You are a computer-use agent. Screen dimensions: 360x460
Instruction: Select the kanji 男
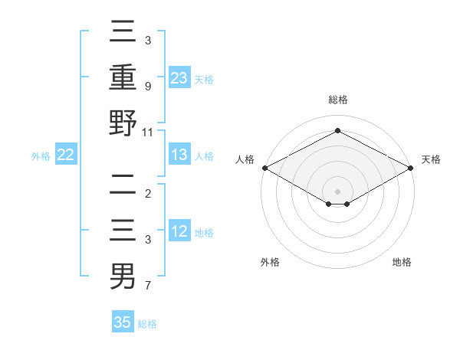[x=123, y=276]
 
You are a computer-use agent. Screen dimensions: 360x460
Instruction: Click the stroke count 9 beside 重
[x=147, y=87]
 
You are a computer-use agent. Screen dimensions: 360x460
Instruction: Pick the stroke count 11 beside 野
[x=148, y=132]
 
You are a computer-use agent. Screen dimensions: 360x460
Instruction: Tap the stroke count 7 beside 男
[x=147, y=286]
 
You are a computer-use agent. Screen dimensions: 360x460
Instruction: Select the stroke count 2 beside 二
[x=147, y=194]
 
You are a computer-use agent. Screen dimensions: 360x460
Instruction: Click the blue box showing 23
[x=179, y=77]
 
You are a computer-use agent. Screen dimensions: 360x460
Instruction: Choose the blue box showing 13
[x=179, y=155]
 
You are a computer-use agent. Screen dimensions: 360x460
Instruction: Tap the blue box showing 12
[x=179, y=231]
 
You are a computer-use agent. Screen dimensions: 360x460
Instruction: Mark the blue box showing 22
[x=65, y=155]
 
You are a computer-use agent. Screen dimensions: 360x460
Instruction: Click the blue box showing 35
[x=123, y=322]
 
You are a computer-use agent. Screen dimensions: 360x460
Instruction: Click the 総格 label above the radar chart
[x=337, y=100]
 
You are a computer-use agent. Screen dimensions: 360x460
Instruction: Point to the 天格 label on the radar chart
[x=431, y=159]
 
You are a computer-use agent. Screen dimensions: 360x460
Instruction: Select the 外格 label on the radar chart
[x=270, y=262]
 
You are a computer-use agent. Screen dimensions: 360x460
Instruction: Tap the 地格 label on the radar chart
[x=402, y=262]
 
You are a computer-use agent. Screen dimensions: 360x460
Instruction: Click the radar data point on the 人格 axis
[x=264, y=168]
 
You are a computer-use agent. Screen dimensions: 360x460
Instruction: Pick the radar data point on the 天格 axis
[x=411, y=168]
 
